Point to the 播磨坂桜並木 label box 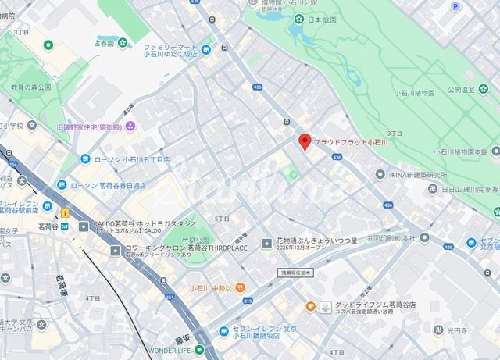point(297,273)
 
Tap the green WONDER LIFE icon point(199,349)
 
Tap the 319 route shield point(248,301)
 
